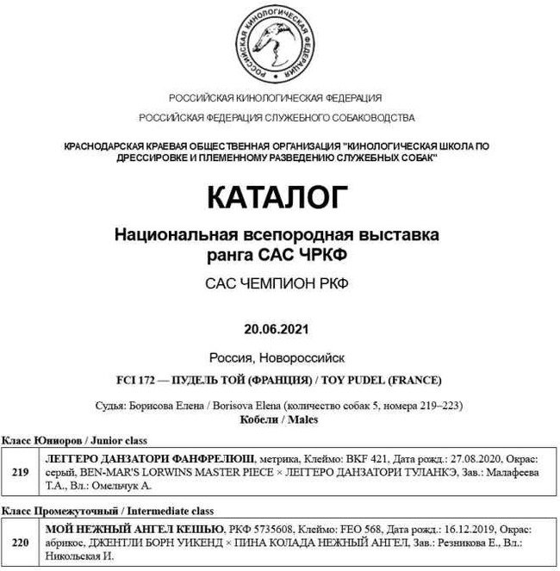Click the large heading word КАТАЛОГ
(277, 197)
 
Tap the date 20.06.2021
(277, 329)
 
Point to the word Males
(302, 420)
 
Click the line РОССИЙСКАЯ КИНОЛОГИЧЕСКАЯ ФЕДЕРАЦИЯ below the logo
(276, 97)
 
